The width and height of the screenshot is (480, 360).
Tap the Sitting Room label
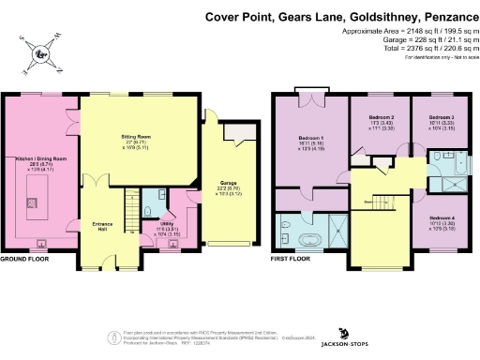click(136, 138)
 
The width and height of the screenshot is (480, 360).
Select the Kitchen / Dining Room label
click(41, 161)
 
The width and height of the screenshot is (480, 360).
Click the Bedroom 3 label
click(427, 118)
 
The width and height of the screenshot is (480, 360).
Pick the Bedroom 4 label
click(427, 221)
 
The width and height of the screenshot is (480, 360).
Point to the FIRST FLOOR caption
click(291, 258)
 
